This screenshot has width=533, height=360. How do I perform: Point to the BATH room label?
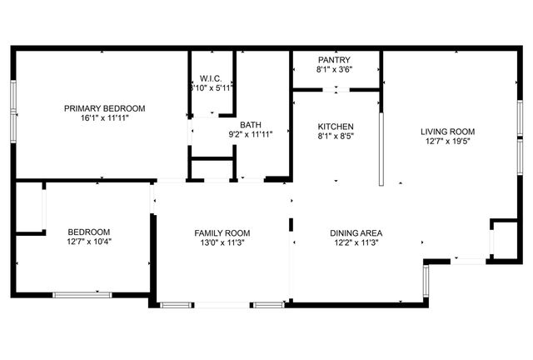point(251,124)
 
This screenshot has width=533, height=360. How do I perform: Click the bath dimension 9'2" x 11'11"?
point(251,134)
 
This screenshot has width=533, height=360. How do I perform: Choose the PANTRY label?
point(334,60)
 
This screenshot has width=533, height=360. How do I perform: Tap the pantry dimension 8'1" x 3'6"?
point(334,70)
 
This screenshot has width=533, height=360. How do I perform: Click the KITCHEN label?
point(336,127)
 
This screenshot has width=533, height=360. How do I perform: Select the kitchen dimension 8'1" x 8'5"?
point(336,137)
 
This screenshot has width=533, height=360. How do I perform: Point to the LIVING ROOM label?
point(447,132)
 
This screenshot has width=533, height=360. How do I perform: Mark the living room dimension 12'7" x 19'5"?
point(447,142)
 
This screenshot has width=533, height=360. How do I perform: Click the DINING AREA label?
point(356,233)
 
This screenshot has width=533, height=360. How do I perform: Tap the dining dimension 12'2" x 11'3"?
point(356,243)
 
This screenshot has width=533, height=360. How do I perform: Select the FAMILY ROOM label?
point(222,233)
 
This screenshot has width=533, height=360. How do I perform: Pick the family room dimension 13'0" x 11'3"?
point(222,243)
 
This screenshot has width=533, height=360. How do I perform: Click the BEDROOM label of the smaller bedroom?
point(89,232)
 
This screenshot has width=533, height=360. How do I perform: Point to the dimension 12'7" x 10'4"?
point(89,242)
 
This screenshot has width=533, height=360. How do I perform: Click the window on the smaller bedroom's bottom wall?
point(82,293)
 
